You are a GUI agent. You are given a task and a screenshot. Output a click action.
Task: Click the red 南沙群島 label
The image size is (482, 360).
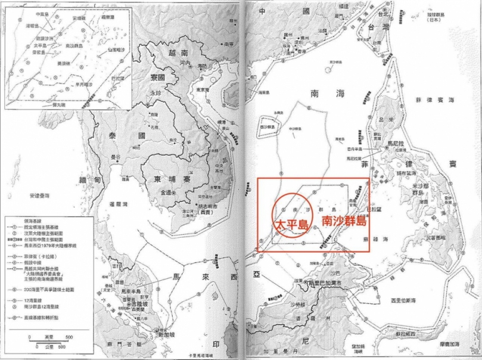click(343, 220)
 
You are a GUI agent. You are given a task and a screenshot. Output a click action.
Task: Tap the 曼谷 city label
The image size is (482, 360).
click(113, 156)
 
